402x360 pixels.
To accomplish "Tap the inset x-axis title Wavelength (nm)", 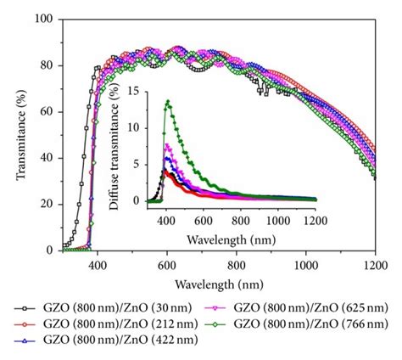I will tap(231, 228).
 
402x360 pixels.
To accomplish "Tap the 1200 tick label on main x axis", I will tap(374, 265).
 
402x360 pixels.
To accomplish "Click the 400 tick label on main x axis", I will tap(96, 265).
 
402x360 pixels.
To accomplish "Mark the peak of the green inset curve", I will tap(168, 102).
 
